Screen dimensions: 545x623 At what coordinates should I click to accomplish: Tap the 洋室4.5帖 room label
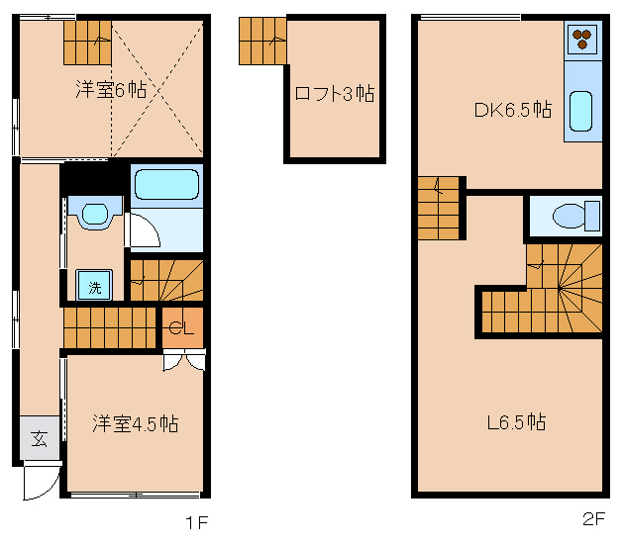(135, 423)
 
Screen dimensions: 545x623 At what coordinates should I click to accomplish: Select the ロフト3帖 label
(334, 94)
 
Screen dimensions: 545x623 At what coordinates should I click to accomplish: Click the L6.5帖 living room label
(515, 422)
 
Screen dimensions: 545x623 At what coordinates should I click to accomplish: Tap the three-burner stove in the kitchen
(580, 40)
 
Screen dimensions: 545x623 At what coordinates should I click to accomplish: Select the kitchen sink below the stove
(580, 112)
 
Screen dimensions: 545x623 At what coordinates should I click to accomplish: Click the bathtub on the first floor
(166, 184)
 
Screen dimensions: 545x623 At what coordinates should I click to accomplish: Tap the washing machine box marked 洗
(95, 288)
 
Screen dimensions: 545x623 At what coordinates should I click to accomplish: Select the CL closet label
(181, 328)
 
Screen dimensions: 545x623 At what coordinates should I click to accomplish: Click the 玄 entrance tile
(39, 438)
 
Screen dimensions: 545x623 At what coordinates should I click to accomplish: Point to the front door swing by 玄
(41, 483)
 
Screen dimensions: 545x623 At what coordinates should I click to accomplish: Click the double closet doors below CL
(184, 360)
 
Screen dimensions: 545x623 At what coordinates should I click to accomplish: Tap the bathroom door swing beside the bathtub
(145, 230)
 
